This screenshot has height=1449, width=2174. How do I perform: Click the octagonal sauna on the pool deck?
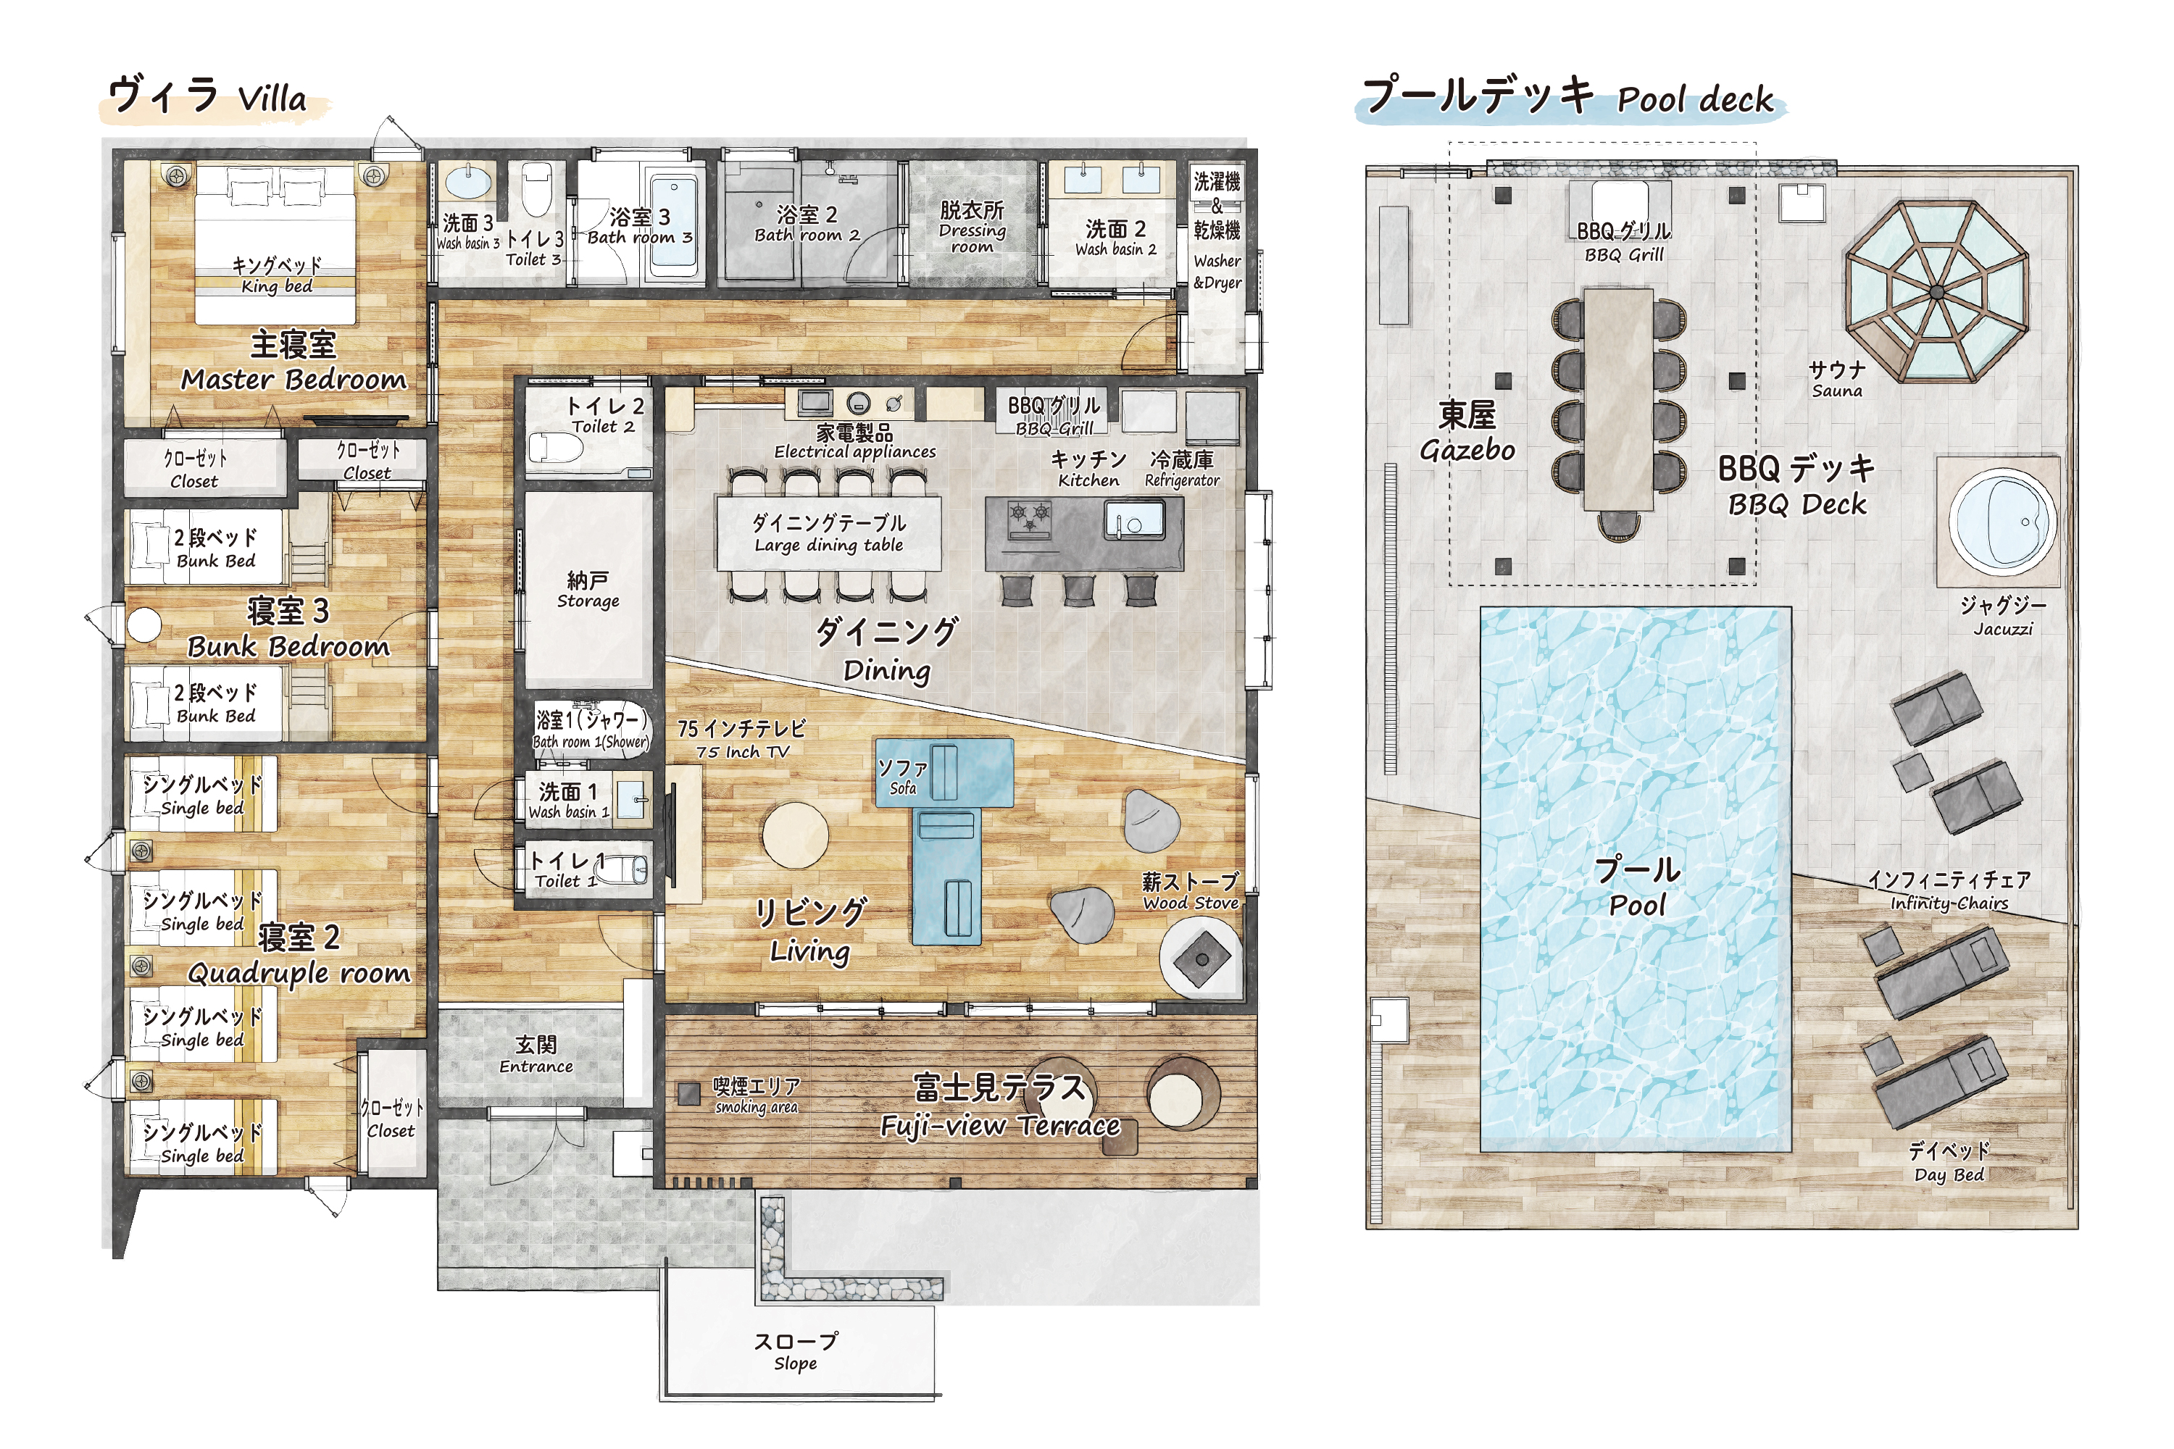[1936, 291]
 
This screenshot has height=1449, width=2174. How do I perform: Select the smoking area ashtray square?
[688, 1094]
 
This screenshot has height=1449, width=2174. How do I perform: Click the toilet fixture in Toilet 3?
[537, 188]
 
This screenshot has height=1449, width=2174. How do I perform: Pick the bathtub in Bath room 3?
[674, 226]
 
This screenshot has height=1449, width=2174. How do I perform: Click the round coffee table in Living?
[796, 835]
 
